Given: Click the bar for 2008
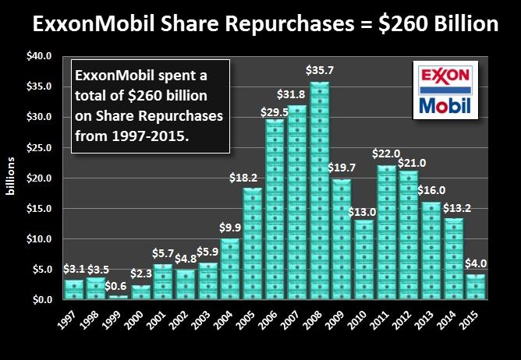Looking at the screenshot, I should coord(320,191).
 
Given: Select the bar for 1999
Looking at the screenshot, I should coord(118,297).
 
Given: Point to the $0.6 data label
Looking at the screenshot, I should coord(119,286).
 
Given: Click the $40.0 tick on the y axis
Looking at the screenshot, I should coord(39,57).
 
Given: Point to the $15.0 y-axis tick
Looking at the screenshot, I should coord(39,209).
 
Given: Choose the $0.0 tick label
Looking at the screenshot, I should coord(41,300).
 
